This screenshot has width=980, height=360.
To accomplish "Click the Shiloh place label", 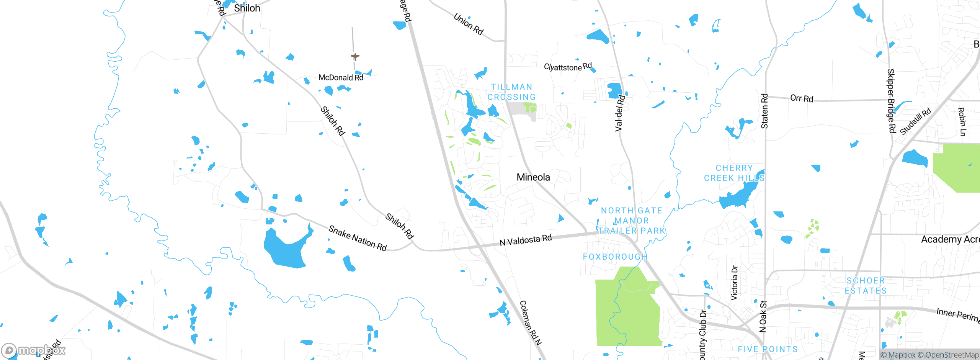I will pos(247,8).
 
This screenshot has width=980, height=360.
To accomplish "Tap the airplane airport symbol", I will pos(355,57).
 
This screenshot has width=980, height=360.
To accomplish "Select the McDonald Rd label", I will pos(341,77).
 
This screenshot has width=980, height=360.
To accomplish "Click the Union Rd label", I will pos(469,24).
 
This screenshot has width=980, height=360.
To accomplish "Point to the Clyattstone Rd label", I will pos(568,67).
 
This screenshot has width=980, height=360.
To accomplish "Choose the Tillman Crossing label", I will pos(512,92).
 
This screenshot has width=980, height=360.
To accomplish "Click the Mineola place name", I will pos(533,177).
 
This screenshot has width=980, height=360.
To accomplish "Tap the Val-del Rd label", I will pos(620,113).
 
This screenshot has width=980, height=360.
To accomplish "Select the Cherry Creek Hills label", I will pos(734,173).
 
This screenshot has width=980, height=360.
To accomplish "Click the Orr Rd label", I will pos(802,98).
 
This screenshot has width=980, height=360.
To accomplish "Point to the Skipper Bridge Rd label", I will pos(892,101).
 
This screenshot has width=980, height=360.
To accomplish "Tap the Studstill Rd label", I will pos(915,121).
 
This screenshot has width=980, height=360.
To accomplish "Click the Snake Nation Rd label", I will pos(358,238).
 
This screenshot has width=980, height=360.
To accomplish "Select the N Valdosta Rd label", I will pos(526,240).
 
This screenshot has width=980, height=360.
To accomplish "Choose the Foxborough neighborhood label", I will pos(615,257).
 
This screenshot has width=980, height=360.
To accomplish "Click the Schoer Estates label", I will pos(866,286).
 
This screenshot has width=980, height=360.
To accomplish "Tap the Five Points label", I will pos(768,349).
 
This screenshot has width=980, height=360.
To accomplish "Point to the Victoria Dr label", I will pos(734,283).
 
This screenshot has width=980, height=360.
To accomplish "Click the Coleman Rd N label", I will pos(531,322).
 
